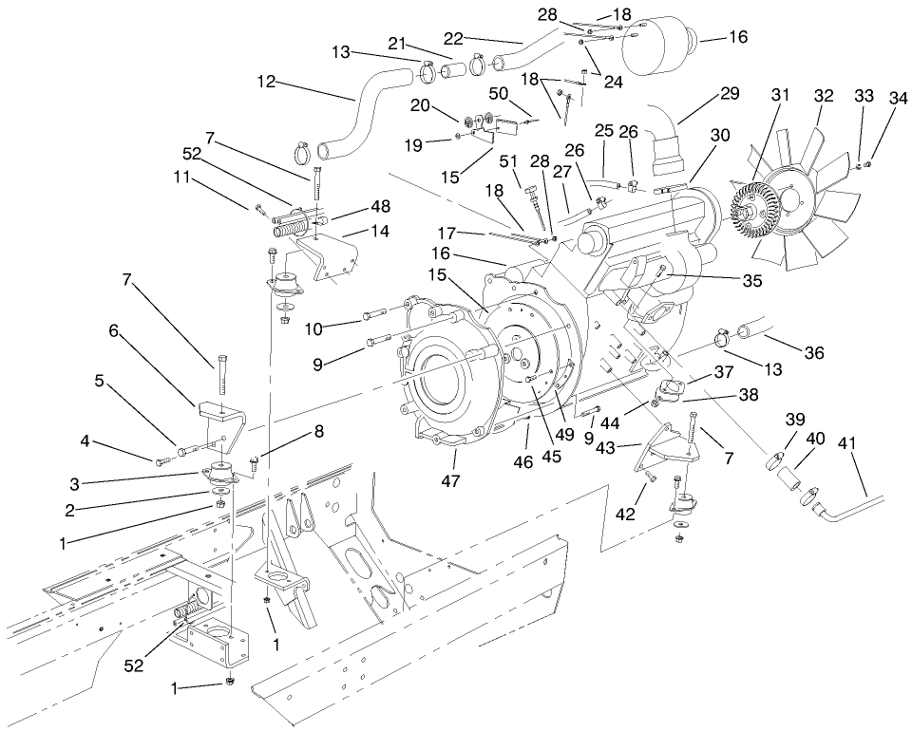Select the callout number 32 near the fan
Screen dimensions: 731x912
(x=824, y=96)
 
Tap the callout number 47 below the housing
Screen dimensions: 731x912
(x=450, y=481)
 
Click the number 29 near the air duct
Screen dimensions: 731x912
(x=729, y=94)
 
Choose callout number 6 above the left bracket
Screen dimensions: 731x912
(x=113, y=330)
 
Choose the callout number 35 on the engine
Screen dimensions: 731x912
(x=726, y=281)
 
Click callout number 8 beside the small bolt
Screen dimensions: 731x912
(x=318, y=429)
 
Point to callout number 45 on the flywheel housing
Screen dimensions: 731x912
(x=552, y=457)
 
